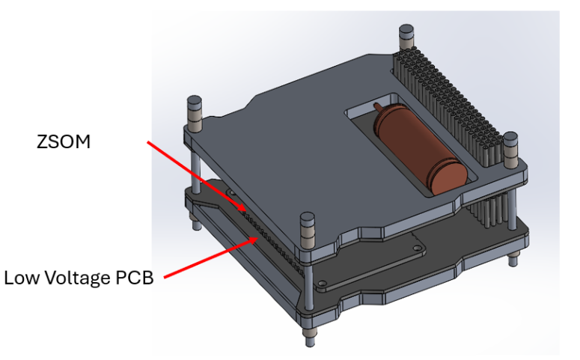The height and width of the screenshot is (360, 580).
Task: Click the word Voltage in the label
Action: (80, 278)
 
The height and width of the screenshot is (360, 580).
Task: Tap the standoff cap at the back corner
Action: (405, 34)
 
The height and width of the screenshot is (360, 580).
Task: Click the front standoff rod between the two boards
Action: (308, 269)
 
